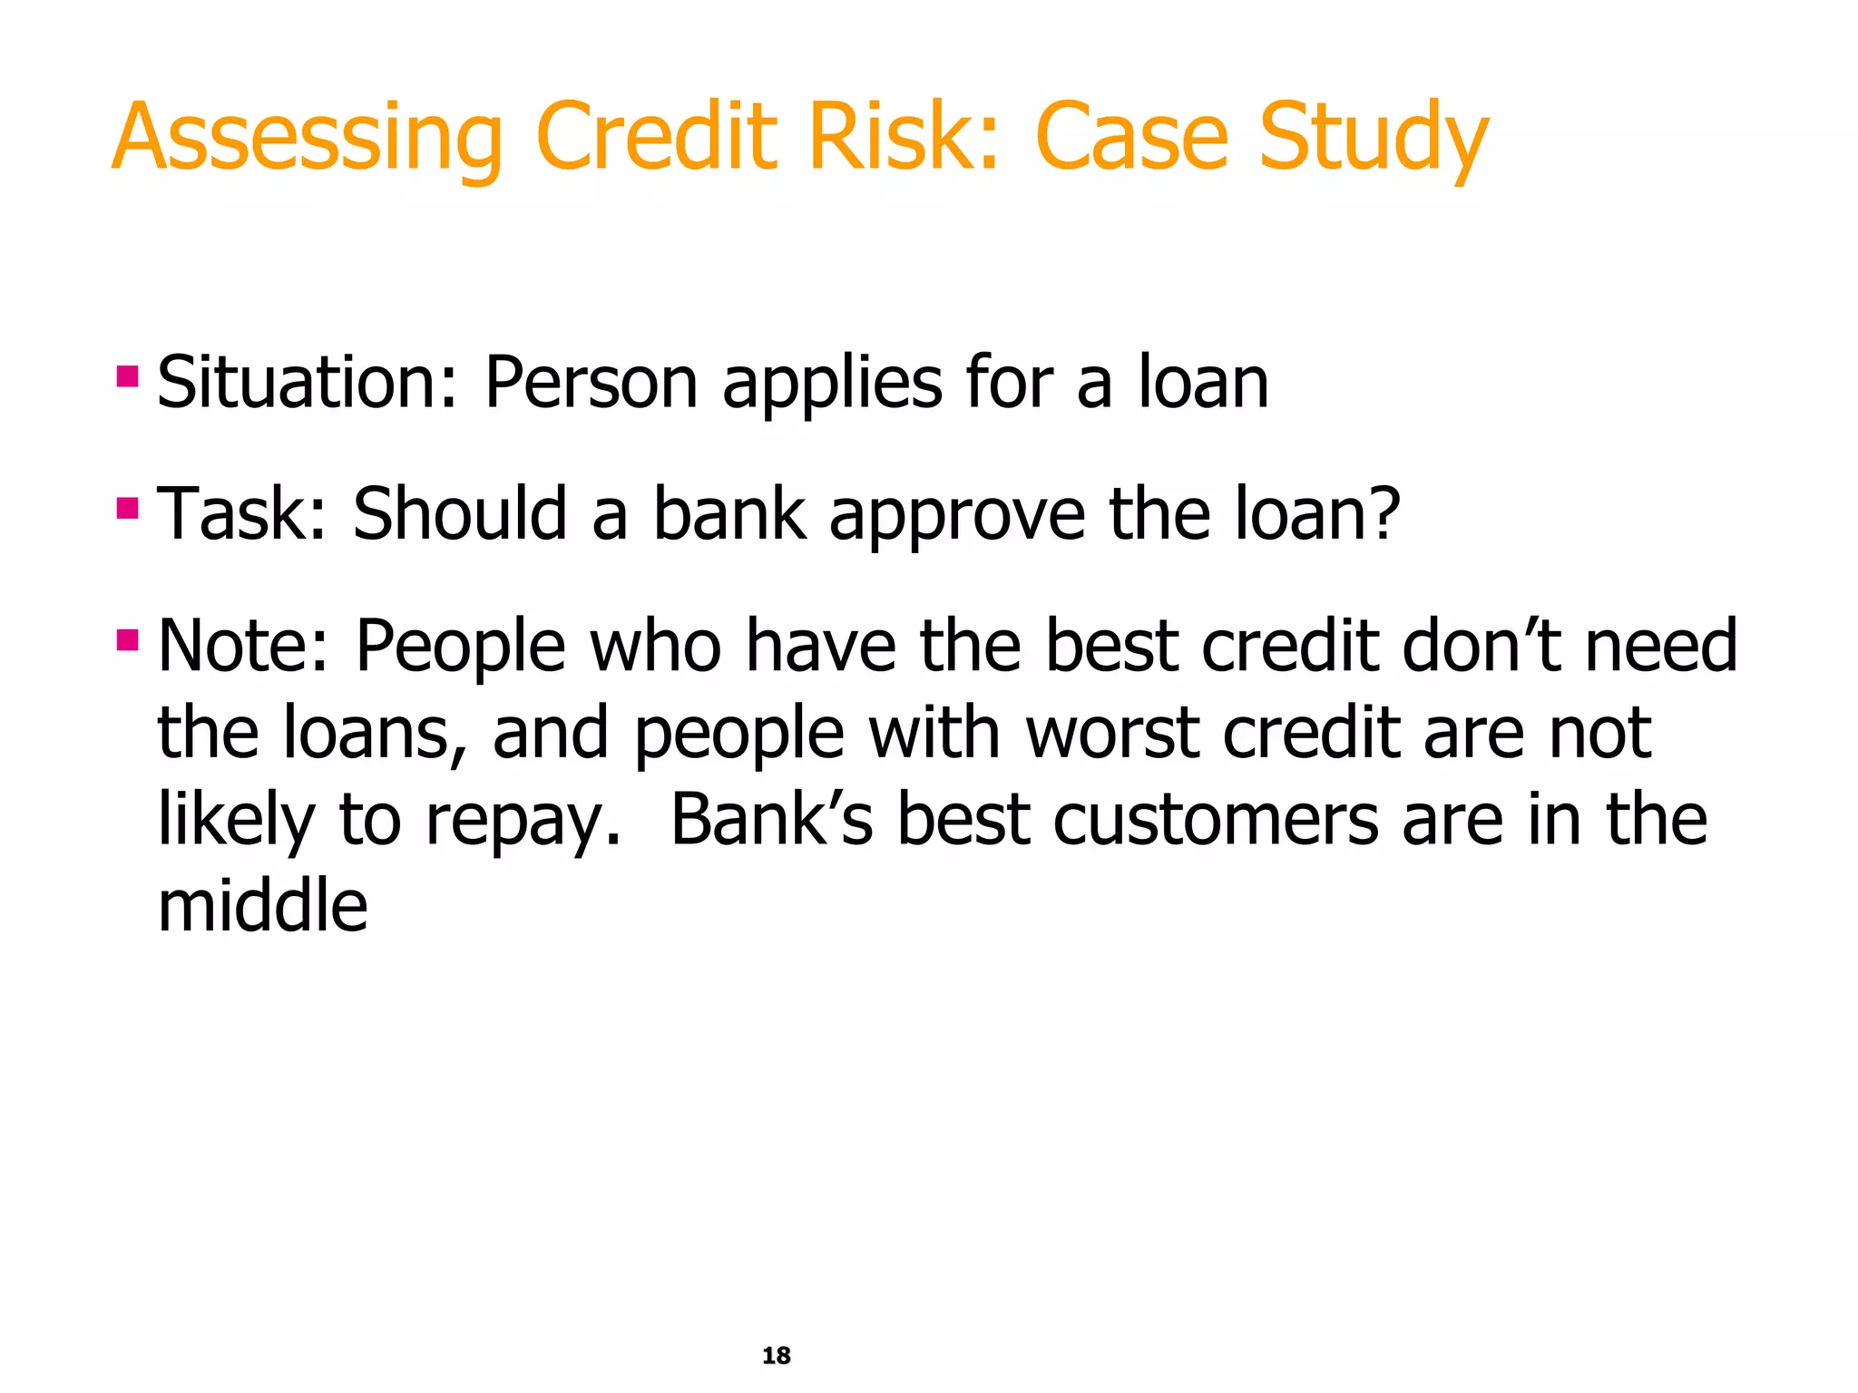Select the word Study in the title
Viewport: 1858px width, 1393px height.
1374,138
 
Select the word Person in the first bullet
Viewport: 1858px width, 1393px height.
591,383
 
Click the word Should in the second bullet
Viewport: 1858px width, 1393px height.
459,513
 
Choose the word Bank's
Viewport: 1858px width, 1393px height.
771,819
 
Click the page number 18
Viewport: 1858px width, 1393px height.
776,1355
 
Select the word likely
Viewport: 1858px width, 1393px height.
236,820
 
